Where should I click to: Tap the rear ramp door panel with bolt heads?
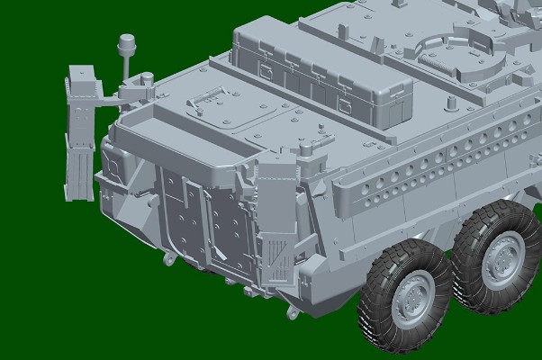(x=198, y=225)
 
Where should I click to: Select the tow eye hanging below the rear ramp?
(x=167, y=258)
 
